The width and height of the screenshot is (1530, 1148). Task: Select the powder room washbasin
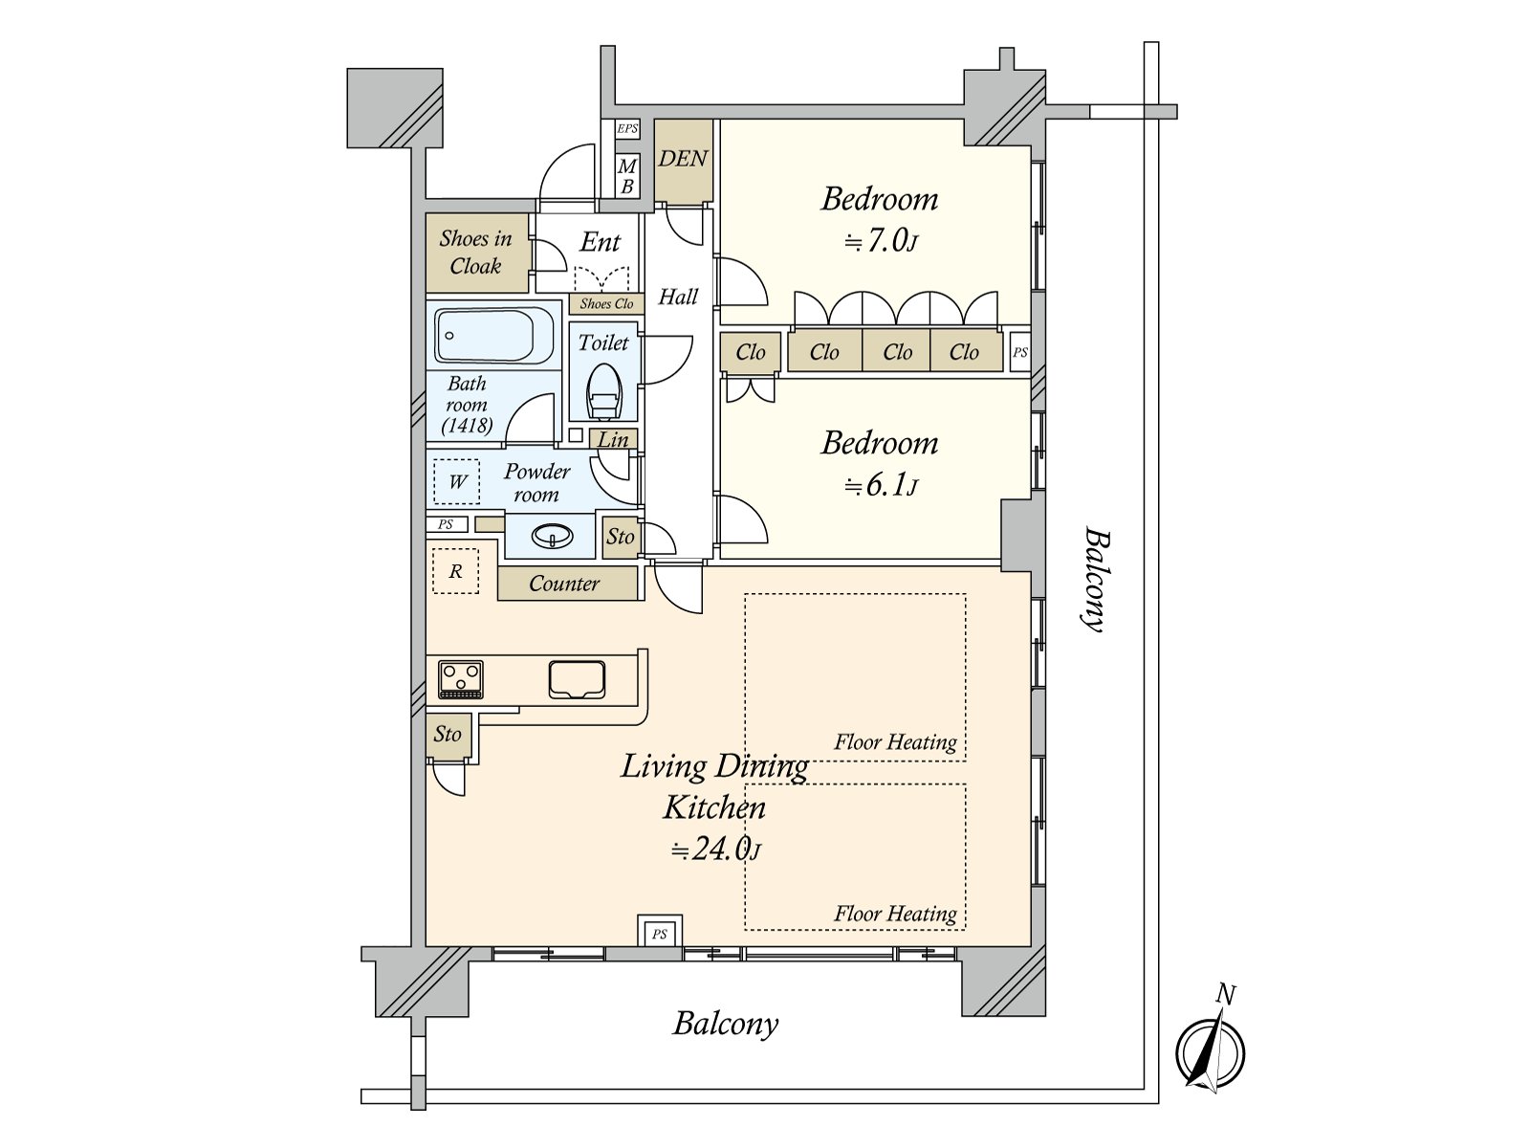[x=552, y=536]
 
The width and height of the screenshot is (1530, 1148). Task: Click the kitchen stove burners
[x=461, y=679]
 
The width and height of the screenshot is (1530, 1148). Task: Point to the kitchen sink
[x=577, y=679]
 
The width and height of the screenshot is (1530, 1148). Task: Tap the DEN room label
[x=683, y=159]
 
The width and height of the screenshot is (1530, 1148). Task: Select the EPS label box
[x=627, y=129]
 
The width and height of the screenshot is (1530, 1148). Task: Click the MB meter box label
[x=627, y=176]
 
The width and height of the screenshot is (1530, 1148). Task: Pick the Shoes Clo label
[x=606, y=303]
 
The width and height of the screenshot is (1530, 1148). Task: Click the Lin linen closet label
[x=613, y=440]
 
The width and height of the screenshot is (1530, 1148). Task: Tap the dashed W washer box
[x=456, y=481]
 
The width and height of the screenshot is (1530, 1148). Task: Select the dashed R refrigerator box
[x=456, y=571]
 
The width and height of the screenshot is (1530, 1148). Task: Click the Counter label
[x=564, y=584]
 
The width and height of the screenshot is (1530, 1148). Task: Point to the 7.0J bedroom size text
[x=881, y=242]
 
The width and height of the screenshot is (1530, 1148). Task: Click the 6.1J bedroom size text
[x=881, y=486]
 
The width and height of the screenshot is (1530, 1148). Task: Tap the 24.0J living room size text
[x=715, y=850]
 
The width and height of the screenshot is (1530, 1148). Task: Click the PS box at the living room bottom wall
[x=660, y=934]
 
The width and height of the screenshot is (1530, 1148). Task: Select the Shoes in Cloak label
[x=476, y=253]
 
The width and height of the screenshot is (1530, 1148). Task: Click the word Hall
[x=678, y=297]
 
